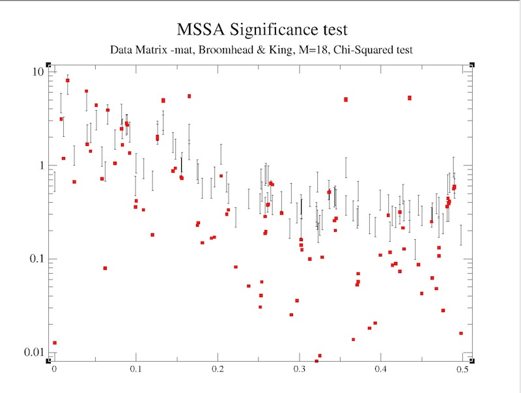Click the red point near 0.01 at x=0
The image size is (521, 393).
tap(55, 342)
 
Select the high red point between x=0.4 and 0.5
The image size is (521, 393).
tap(410, 98)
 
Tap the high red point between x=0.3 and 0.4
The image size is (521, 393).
tap(346, 100)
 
